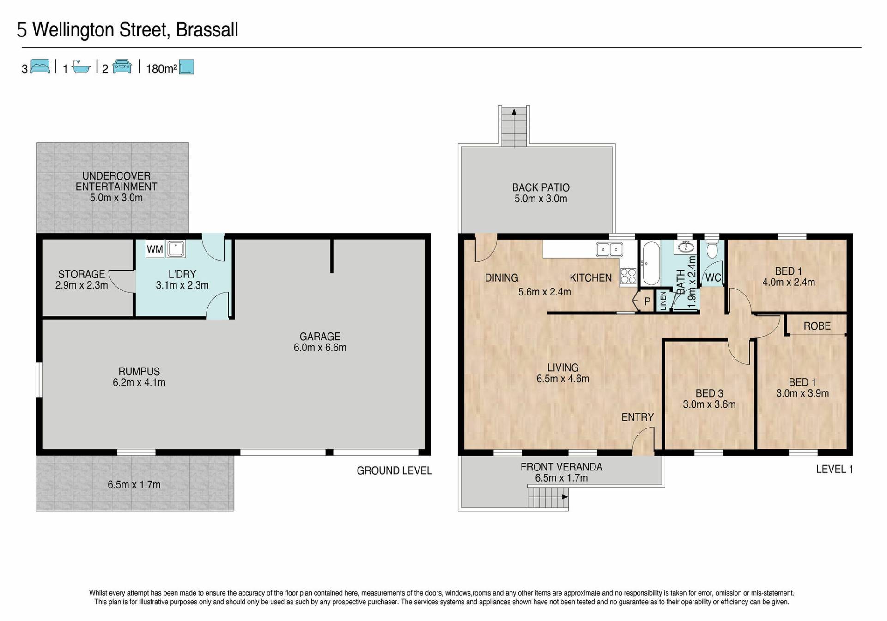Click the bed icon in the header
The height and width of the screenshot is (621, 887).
[40, 66]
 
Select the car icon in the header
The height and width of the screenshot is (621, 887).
[122, 66]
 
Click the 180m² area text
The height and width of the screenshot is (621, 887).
[162, 69]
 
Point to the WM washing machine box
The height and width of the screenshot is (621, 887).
[155, 249]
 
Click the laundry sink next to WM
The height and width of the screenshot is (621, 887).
[176, 249]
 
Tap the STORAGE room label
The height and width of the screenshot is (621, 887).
[82, 274]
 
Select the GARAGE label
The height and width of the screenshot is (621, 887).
[320, 337]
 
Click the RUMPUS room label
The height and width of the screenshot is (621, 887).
[139, 372]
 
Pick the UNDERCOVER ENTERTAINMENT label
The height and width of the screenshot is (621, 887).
[116, 181]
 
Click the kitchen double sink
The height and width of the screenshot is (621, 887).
[610, 249]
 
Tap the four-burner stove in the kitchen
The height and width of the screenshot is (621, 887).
[628, 276]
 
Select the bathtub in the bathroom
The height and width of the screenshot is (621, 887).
[650, 264]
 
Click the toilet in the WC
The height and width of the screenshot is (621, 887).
[712, 249]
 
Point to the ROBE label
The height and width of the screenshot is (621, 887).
[817, 326]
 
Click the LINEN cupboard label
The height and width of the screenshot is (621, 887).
[663, 301]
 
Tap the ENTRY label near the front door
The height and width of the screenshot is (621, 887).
[638, 417]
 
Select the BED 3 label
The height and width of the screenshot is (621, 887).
[710, 393]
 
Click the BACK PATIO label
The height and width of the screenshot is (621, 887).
[541, 187]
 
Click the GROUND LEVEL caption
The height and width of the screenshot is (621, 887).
[395, 470]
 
